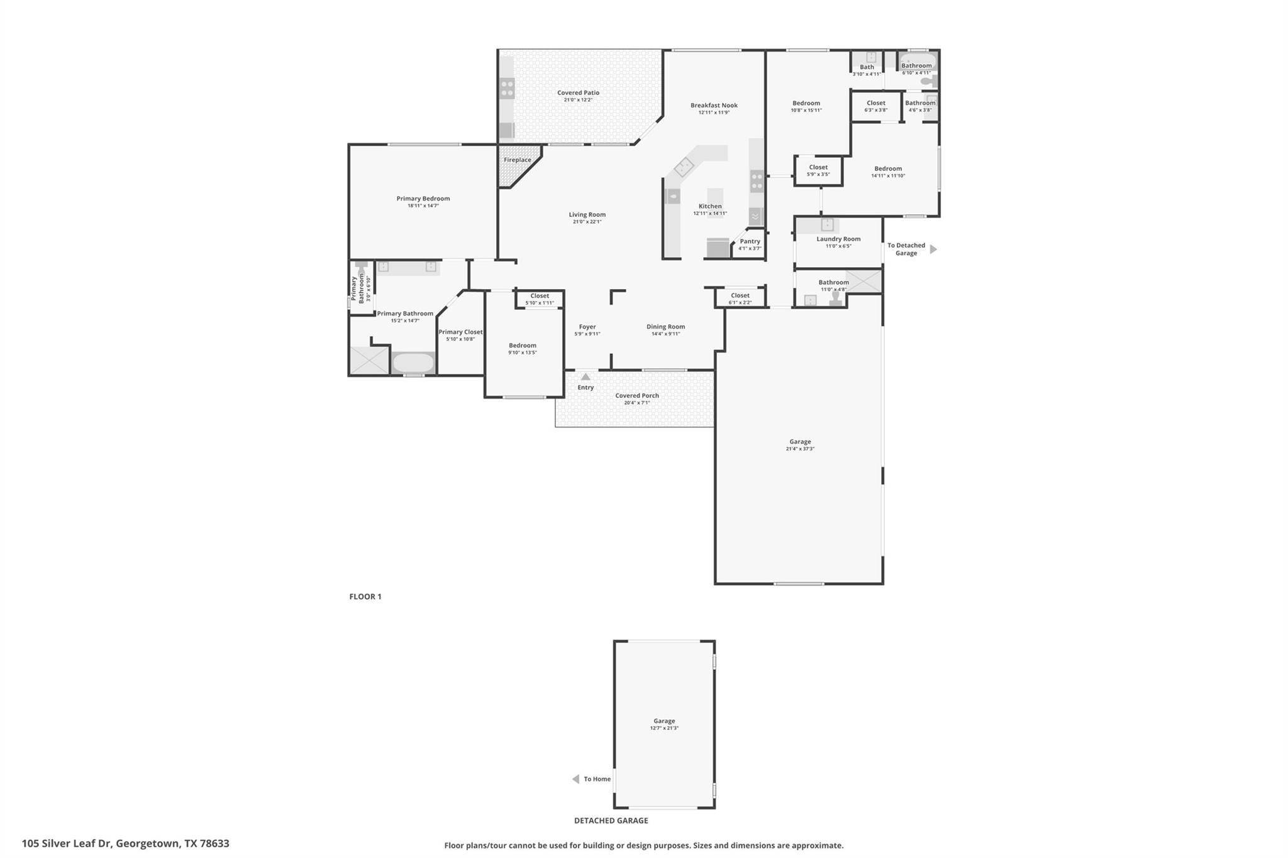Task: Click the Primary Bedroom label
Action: [x=423, y=199]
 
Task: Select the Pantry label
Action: [x=750, y=241]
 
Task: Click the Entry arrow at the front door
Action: [x=586, y=377]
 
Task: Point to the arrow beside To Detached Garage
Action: [x=933, y=250]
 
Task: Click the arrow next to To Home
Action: [x=575, y=779]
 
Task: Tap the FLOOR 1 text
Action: [x=365, y=597]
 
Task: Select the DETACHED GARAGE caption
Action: [x=611, y=820]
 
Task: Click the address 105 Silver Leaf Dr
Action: [x=125, y=844]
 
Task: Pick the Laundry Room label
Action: [x=838, y=239]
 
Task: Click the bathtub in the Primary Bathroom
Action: [x=413, y=363]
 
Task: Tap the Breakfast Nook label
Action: [x=714, y=106]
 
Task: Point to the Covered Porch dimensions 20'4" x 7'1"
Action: [x=636, y=403]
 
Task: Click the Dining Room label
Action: [x=665, y=327]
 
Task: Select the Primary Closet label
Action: [x=460, y=332]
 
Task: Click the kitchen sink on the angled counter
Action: [x=684, y=167]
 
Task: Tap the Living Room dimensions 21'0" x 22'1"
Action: [x=587, y=222]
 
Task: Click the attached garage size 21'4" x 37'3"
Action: [x=800, y=449]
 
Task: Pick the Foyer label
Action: [x=587, y=327]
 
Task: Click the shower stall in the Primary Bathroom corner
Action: [x=369, y=361]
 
